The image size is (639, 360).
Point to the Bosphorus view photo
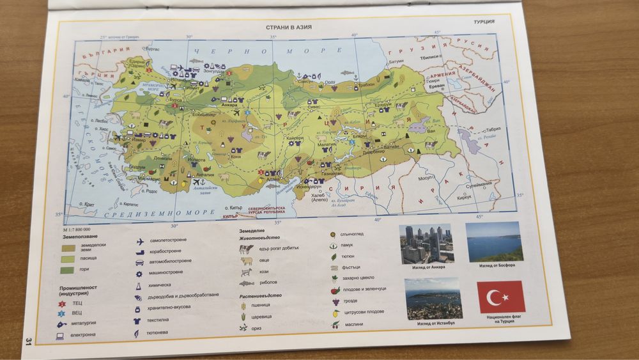click(493, 242)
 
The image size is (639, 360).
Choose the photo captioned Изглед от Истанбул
click(435, 299)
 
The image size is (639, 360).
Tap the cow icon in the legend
click(246, 248)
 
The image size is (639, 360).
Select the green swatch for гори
click(68, 270)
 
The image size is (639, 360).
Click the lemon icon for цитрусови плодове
click(335, 313)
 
